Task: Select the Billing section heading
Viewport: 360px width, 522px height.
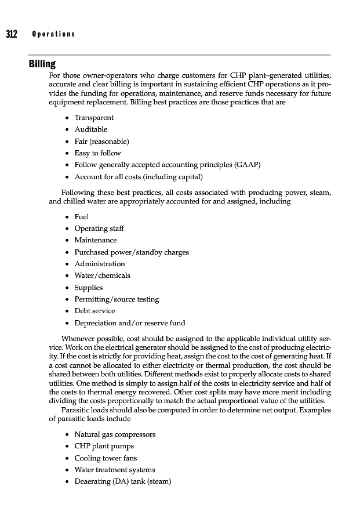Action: click(42, 64)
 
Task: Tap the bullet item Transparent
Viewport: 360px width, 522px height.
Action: click(94, 118)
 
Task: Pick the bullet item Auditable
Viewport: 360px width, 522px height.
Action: click(90, 129)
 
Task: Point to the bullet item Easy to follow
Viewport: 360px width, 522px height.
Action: click(97, 153)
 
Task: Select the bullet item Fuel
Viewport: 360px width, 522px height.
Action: click(81, 216)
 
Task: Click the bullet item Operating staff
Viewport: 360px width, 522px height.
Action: click(99, 229)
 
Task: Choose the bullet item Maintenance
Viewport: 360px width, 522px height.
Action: click(96, 240)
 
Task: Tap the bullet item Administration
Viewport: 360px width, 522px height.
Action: click(100, 264)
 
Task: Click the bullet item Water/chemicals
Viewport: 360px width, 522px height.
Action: click(102, 275)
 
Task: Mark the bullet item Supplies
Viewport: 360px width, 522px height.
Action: click(89, 288)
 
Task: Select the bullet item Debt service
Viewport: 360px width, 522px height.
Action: click(95, 311)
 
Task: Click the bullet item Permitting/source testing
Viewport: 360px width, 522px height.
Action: click(117, 299)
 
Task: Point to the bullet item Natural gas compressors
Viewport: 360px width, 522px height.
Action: click(115, 434)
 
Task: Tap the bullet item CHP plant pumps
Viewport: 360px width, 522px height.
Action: click(104, 446)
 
